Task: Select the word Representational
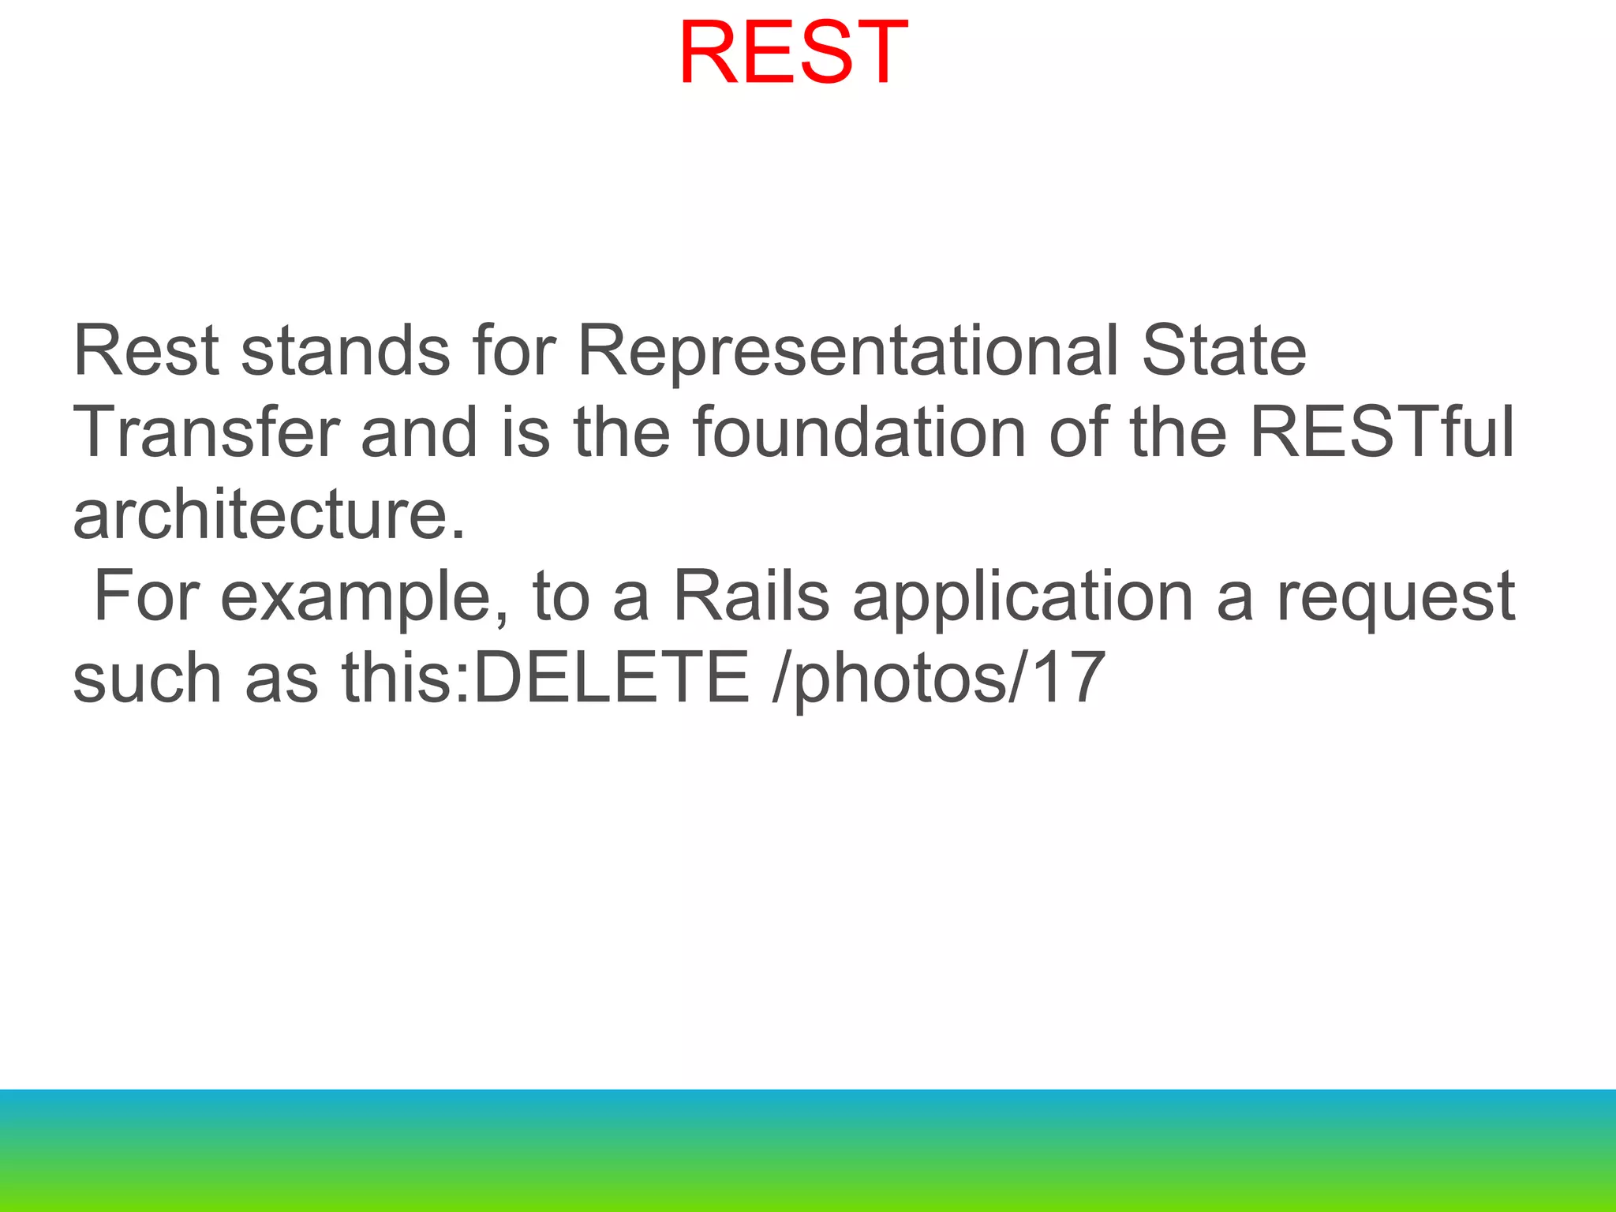pyautogui.click(x=847, y=351)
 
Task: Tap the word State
pyautogui.click(x=1224, y=351)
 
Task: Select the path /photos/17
pyautogui.click(x=938, y=679)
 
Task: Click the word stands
pyautogui.click(x=346, y=351)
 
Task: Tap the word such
pyautogui.click(x=148, y=679)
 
